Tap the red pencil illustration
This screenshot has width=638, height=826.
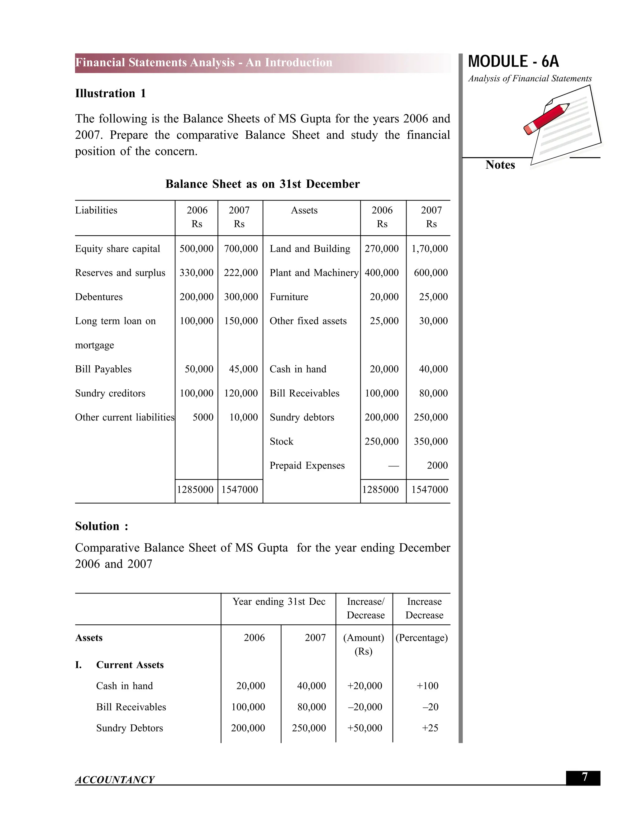point(546,118)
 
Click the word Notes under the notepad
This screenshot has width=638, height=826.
point(500,165)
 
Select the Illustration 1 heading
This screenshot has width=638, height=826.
point(110,94)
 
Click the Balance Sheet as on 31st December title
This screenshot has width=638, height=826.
point(262,184)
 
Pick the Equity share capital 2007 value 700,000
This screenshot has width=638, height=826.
point(241,249)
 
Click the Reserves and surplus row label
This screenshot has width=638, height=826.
point(120,273)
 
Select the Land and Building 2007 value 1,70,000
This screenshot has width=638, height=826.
point(429,249)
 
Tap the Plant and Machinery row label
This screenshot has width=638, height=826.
point(314,273)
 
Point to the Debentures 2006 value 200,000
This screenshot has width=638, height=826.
point(197,297)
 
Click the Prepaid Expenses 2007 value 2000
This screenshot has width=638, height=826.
point(437,466)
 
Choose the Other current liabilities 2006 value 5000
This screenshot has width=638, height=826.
point(203,418)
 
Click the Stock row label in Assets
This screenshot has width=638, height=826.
point(281,441)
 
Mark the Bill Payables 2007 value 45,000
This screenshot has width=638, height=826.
point(243,369)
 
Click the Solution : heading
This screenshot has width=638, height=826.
point(101,526)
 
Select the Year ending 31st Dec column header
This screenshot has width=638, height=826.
point(279,602)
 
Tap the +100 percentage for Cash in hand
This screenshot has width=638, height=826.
point(427,686)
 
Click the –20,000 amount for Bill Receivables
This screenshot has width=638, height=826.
point(365,707)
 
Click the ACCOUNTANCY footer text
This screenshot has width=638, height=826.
point(115,780)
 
